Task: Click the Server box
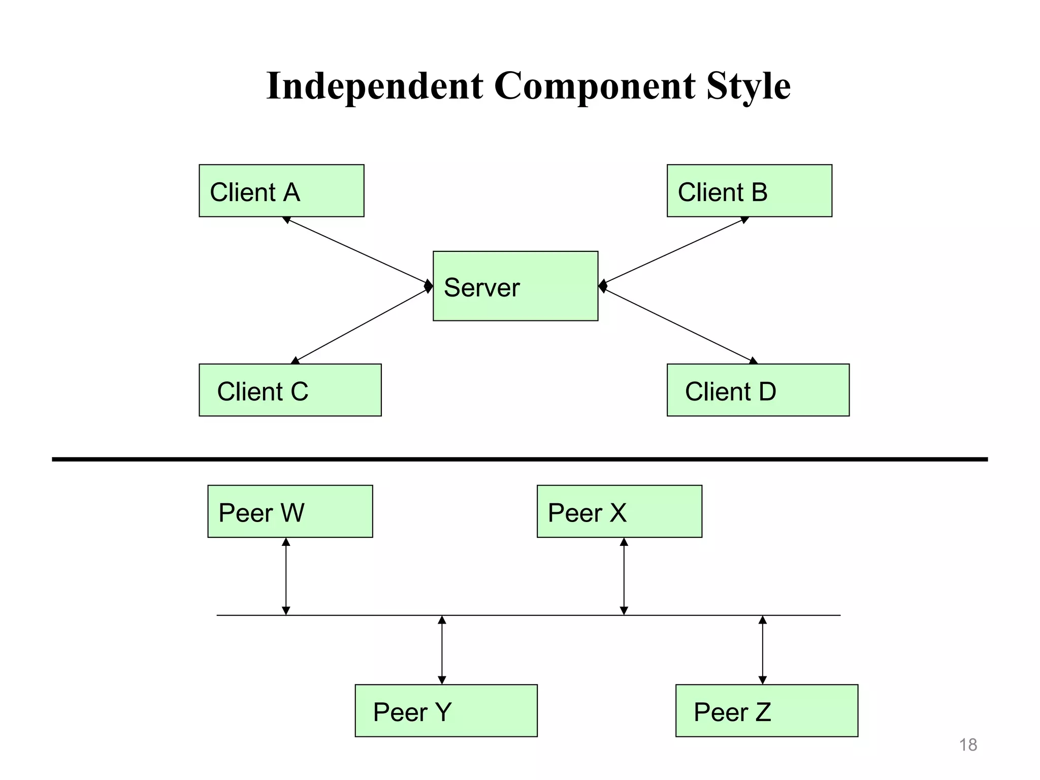click(515, 286)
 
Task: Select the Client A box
click(281, 190)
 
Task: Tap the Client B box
click(749, 190)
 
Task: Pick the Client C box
click(290, 390)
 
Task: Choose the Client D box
click(758, 390)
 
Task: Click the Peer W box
click(290, 511)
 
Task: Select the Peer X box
click(619, 511)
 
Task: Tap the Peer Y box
click(446, 710)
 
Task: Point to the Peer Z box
click(766, 710)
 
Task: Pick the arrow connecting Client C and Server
click(362, 324)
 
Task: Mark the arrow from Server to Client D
click(678, 324)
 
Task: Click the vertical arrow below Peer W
click(286, 576)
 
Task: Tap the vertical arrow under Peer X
click(624, 576)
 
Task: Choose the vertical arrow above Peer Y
click(442, 650)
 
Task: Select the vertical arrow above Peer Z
click(762, 650)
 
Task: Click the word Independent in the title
click(375, 86)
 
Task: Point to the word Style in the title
click(748, 86)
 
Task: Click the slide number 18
click(968, 745)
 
